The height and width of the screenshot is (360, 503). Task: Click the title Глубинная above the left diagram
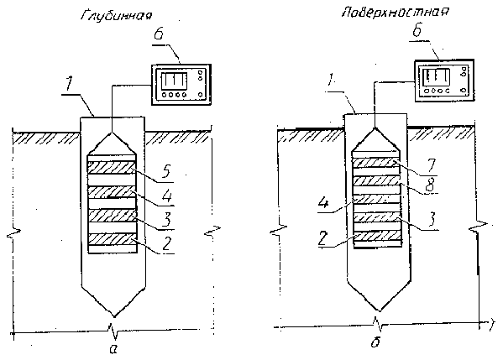click(x=116, y=16)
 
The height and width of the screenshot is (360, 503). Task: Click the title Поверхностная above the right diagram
click(x=396, y=13)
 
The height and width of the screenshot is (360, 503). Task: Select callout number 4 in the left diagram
click(x=166, y=196)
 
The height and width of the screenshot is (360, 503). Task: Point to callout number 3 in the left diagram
click(x=166, y=219)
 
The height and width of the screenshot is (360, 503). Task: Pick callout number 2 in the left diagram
click(x=166, y=244)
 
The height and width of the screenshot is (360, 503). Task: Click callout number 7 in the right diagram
click(x=432, y=166)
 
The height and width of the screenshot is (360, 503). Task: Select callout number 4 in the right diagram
click(x=325, y=202)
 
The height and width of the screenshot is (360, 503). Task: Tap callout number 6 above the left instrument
click(x=159, y=34)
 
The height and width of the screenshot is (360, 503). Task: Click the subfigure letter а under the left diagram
click(x=113, y=349)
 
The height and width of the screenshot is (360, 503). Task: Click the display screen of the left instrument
click(x=174, y=81)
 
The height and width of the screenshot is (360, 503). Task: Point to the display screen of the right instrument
click(x=437, y=77)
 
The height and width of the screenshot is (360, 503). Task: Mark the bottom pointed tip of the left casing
click(x=114, y=316)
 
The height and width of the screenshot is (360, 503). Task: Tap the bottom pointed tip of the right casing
click(x=379, y=310)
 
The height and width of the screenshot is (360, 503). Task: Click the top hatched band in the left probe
click(x=113, y=168)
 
